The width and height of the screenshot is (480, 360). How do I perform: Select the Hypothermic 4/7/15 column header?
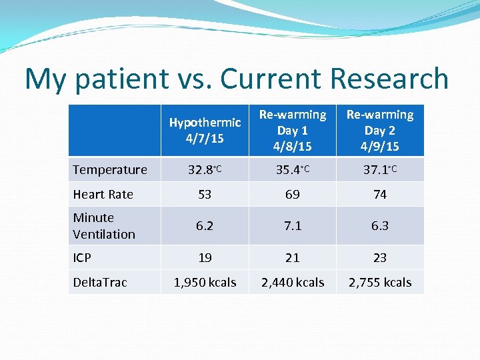point(205,131)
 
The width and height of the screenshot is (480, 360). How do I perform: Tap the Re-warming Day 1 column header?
point(293,131)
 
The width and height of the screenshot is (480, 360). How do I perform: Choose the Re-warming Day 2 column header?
point(380,131)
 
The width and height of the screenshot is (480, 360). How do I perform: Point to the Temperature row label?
point(110,169)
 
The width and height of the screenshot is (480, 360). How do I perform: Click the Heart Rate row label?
point(103,194)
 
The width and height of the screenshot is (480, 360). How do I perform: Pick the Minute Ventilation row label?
point(104,226)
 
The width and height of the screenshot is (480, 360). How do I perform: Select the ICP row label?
point(82,257)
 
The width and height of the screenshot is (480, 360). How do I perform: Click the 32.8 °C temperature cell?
point(205,169)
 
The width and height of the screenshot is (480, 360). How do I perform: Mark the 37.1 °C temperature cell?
point(380,169)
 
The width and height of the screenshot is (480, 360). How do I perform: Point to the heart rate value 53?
point(205,194)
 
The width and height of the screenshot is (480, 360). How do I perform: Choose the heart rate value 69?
point(293,194)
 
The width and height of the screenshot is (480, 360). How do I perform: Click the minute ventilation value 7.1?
point(293,226)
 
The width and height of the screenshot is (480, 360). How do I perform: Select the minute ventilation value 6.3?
point(380,226)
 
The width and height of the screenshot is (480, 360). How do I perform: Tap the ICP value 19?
point(205,257)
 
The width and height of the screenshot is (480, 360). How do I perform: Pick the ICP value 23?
point(380,257)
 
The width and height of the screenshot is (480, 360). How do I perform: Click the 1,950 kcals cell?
point(205,282)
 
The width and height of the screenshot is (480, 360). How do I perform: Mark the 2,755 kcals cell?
point(380,282)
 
